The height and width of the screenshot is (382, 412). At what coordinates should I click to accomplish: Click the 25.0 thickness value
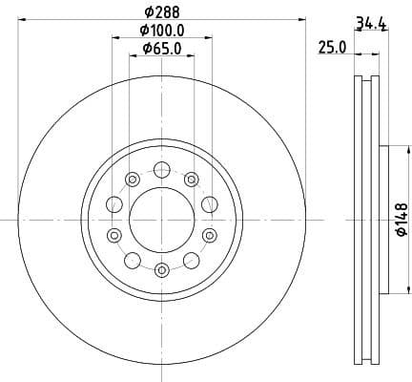coord(331,48)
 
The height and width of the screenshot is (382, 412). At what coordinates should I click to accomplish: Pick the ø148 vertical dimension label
coord(401,219)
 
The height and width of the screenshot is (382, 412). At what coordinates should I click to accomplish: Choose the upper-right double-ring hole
coord(191,179)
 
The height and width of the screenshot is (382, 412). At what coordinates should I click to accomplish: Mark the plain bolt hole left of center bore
coord(114,203)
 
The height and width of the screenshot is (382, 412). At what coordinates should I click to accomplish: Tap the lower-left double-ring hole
coord(114,235)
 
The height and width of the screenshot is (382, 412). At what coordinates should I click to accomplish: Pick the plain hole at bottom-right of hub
coord(191,259)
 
